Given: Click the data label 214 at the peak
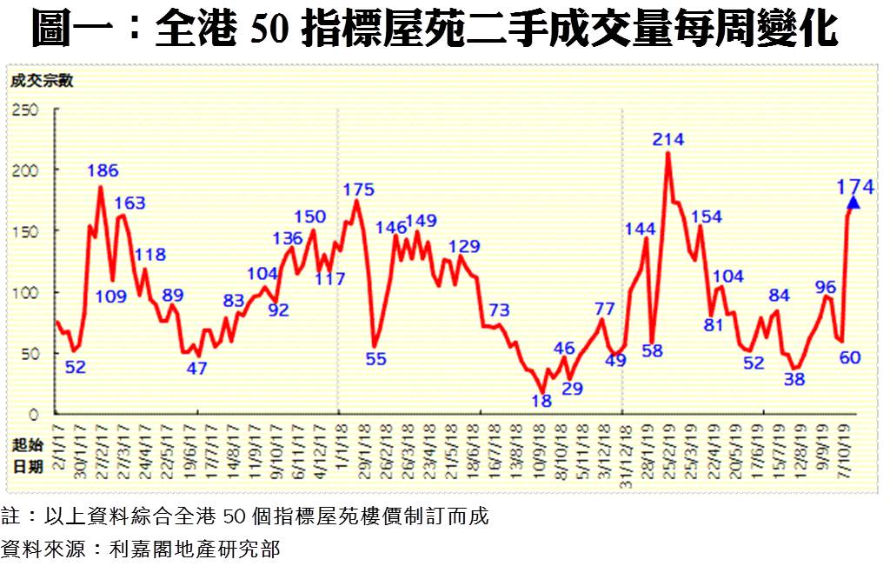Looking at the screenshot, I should click(x=669, y=139).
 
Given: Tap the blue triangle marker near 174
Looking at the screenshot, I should click(x=853, y=203).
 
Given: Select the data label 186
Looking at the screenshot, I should click(x=103, y=170).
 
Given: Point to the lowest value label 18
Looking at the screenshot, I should click(x=541, y=401).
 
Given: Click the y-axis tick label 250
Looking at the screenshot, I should click(x=25, y=110).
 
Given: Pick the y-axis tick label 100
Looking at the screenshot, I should click(x=25, y=293).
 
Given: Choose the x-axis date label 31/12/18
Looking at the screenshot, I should click(x=622, y=449).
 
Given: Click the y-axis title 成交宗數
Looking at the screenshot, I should click(x=41, y=83).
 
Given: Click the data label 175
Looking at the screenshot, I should click(x=358, y=190).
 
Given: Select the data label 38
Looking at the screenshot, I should click(x=794, y=379).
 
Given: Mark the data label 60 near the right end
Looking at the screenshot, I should click(x=849, y=357).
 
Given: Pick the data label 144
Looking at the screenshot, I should click(x=641, y=229).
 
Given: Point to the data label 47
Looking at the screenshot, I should click(x=196, y=368).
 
